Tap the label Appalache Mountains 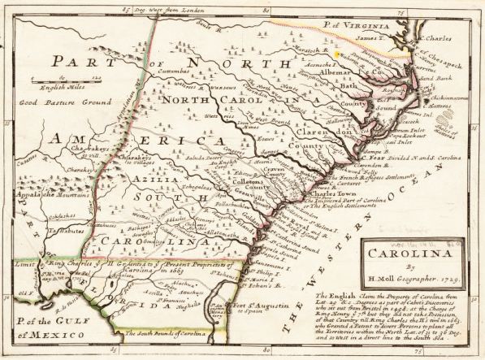45,196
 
